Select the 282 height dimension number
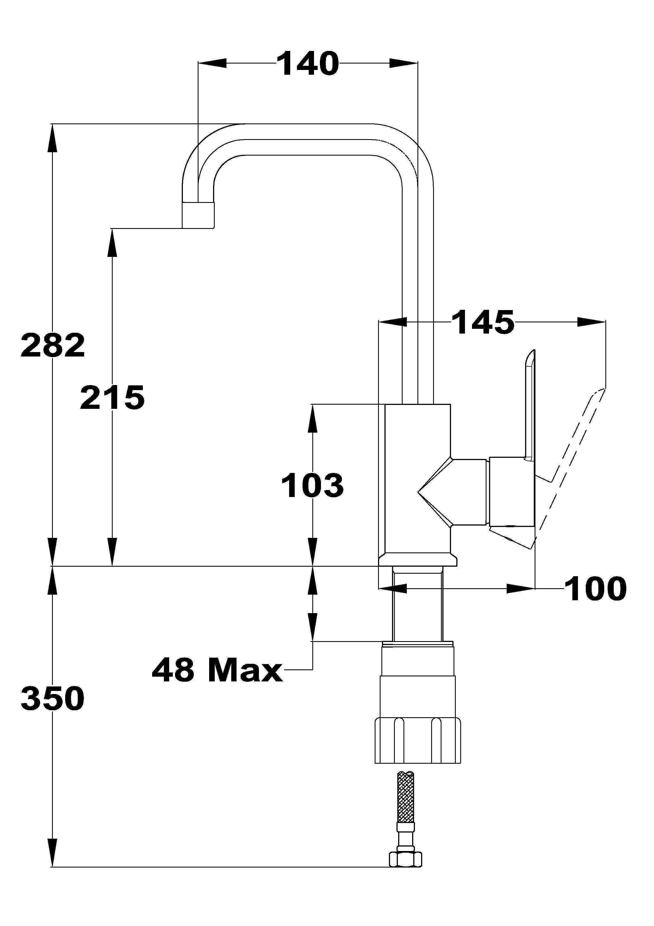[x=53, y=345]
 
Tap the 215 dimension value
[x=112, y=397]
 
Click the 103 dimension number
[x=312, y=485]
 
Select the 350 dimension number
[x=53, y=698]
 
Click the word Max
[x=245, y=670]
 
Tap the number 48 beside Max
[x=174, y=670]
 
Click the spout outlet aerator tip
[x=198, y=215]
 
